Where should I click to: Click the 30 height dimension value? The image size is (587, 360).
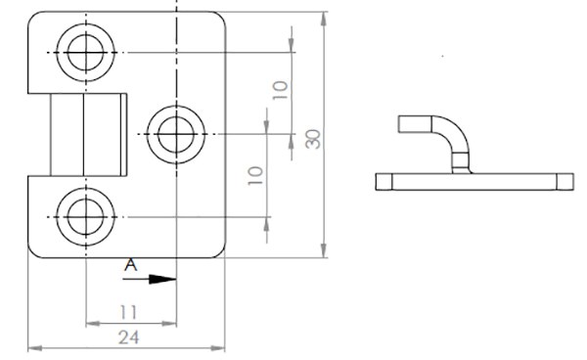click(313, 139)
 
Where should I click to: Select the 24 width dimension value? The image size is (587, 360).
click(129, 337)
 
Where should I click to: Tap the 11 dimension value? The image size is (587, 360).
click(128, 312)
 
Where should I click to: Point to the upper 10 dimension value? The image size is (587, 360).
click(281, 90)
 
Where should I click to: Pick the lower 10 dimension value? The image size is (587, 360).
click(255, 175)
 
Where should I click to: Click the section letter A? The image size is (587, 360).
click(131, 265)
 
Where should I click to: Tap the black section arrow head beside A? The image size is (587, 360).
click(162, 279)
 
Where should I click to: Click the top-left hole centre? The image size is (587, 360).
click(86, 53)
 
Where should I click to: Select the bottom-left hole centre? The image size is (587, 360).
click(86, 217)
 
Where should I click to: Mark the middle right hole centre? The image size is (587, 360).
click(176, 134)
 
